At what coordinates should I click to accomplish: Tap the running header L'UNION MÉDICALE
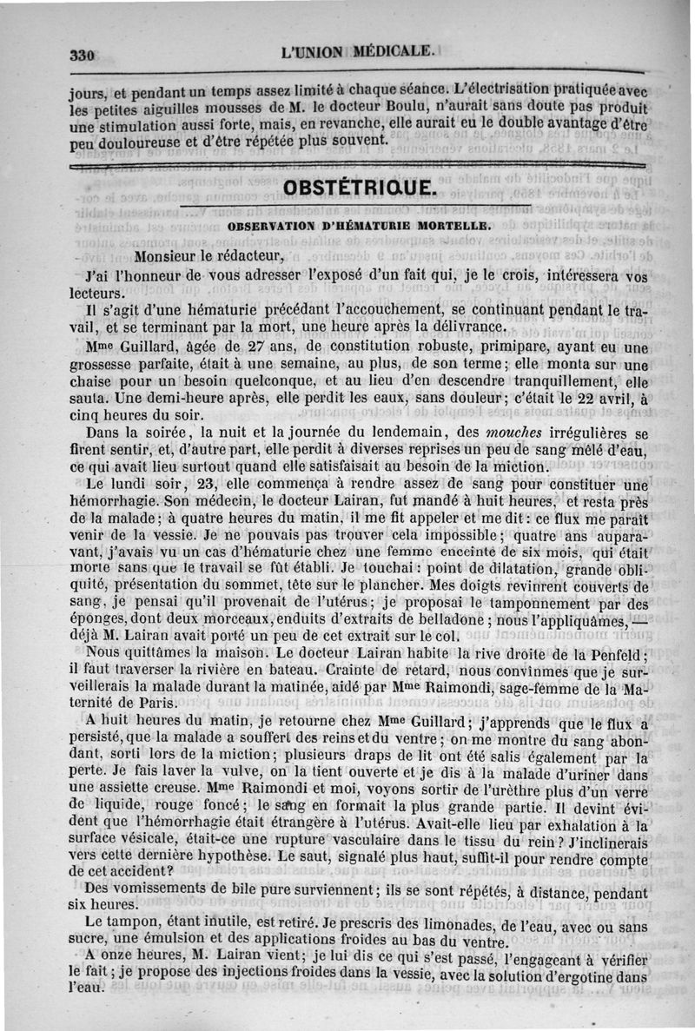[x=357, y=51]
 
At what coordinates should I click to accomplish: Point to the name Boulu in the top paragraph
[x=402, y=108]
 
